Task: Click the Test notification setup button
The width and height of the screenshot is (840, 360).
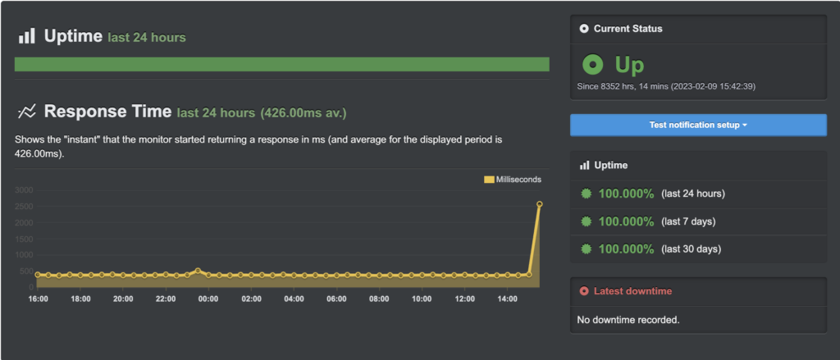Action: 698,125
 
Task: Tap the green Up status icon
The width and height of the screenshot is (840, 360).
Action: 591,65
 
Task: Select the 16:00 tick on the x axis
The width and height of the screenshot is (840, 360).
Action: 38,299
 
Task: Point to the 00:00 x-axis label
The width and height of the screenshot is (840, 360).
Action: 208,299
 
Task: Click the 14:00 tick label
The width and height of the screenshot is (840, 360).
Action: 507,299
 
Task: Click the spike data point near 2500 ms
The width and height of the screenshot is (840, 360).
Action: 539,204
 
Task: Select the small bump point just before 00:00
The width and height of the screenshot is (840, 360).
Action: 198,271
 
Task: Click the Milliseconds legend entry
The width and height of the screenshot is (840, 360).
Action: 513,180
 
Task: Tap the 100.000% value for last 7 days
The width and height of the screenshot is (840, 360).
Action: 626,221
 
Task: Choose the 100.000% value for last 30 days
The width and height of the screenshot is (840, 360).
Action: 626,248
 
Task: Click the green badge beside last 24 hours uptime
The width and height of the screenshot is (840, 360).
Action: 586,194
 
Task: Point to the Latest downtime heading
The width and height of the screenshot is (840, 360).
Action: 628,291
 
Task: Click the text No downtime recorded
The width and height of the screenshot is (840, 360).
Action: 628,319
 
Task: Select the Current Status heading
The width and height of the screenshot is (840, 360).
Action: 628,29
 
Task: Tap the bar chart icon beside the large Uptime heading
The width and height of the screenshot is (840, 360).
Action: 27,36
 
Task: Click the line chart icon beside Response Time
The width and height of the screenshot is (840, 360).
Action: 27,111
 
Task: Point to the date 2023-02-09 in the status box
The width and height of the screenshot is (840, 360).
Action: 711,86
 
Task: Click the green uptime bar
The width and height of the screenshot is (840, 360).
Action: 281,64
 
